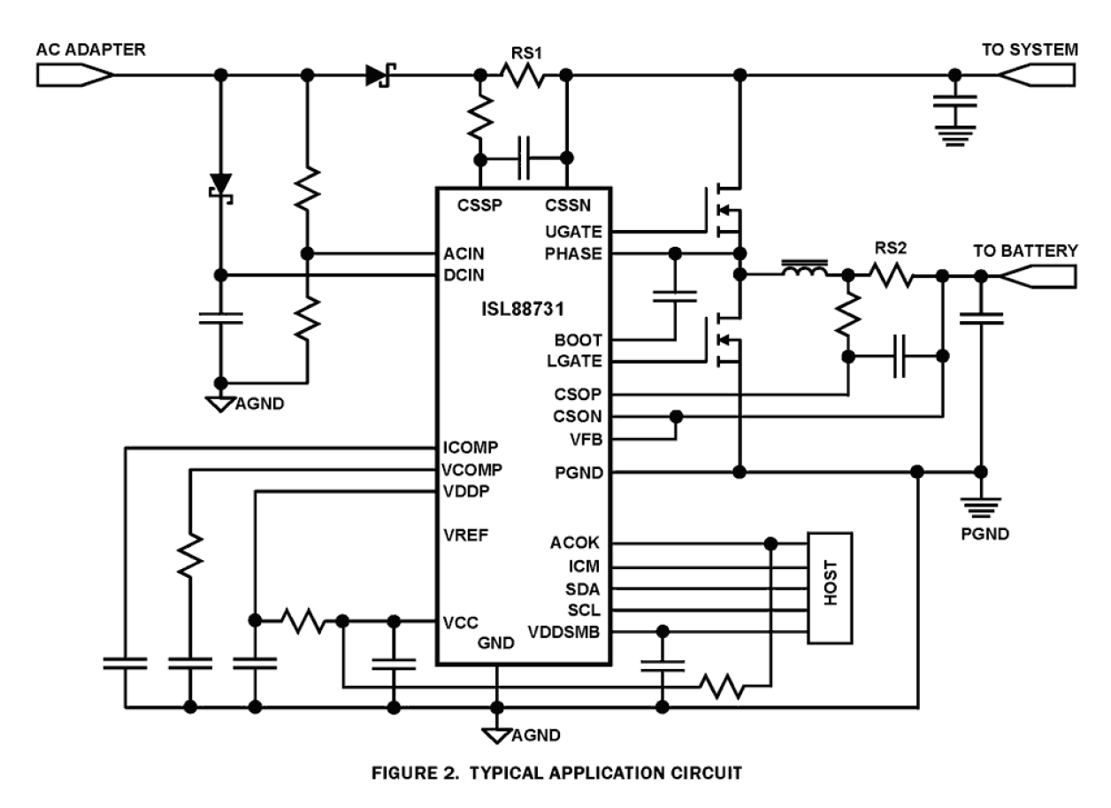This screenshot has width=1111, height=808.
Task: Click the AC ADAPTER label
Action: click(x=91, y=50)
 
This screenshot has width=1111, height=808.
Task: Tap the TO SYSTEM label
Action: click(x=1028, y=50)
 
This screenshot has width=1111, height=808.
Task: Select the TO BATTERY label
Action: click(x=1025, y=250)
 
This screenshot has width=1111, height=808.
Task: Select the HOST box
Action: click(x=830, y=588)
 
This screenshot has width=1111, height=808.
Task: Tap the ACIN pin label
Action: click(x=464, y=254)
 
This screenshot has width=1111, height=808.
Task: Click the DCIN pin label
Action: click(x=464, y=275)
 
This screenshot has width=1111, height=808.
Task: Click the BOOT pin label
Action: click(x=579, y=340)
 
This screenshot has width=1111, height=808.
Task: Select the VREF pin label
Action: click(x=465, y=535)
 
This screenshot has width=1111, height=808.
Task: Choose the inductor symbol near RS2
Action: click(x=804, y=268)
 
